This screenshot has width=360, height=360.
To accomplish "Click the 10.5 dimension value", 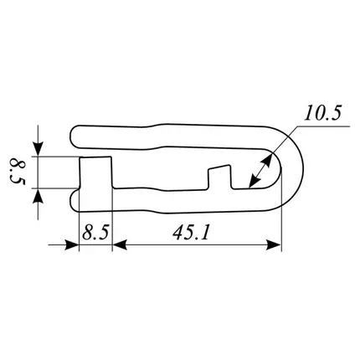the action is point(322,113).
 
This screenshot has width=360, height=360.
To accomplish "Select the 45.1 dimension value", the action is point(191,233).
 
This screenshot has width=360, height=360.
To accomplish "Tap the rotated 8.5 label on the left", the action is point(18,171).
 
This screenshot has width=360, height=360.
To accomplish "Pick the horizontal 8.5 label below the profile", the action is point(95,233).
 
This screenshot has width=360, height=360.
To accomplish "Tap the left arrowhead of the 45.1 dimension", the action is point(120,245).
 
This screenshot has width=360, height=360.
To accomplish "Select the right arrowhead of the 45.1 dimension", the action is point(274,245).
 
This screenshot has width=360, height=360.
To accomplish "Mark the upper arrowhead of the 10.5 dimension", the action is point(267,160).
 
